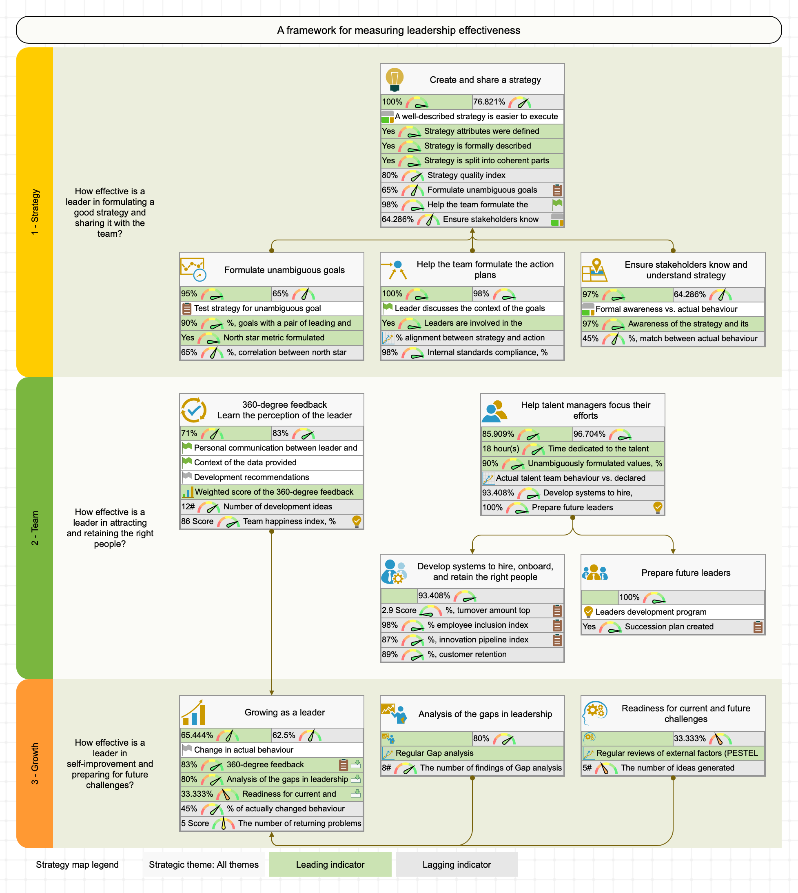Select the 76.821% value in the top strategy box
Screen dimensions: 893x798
(489, 102)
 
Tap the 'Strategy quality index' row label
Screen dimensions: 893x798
(466, 175)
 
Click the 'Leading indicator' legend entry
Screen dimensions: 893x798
(330, 864)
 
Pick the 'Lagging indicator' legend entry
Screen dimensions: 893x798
(457, 864)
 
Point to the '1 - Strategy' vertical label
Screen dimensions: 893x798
(35, 212)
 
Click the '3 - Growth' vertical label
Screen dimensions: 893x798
(35, 763)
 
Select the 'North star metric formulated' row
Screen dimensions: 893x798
(274, 337)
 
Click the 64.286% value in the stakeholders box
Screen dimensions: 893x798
(689, 294)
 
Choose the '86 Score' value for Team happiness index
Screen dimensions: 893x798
(197, 521)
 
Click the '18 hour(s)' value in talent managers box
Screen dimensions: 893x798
(501, 448)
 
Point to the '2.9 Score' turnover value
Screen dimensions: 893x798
(399, 610)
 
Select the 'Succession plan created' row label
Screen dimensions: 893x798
(669, 626)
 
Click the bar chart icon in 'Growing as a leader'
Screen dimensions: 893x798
(193, 712)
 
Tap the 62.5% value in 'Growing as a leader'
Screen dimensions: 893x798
(284, 735)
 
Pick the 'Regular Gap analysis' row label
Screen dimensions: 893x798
(434, 753)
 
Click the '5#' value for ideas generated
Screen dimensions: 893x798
(587, 768)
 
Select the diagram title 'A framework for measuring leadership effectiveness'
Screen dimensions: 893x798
(399, 30)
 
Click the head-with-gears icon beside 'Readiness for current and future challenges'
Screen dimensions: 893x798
(594, 712)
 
